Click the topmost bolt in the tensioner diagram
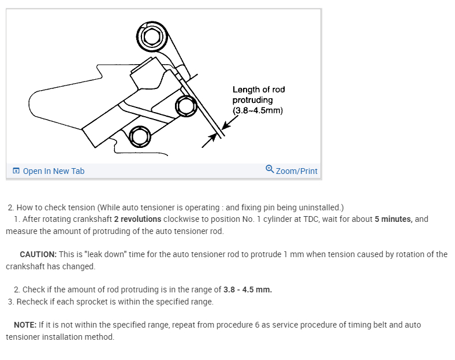point(151,36)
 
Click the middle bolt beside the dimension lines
point(185,106)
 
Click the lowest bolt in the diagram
point(139,136)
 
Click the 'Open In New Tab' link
point(54,171)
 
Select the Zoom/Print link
point(297,171)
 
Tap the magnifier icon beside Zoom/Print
point(270,169)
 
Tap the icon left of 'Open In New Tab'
point(16,171)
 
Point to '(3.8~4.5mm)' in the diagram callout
point(258,110)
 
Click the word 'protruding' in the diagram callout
point(252,100)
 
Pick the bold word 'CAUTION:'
point(38,254)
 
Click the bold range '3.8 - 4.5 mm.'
point(248,290)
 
